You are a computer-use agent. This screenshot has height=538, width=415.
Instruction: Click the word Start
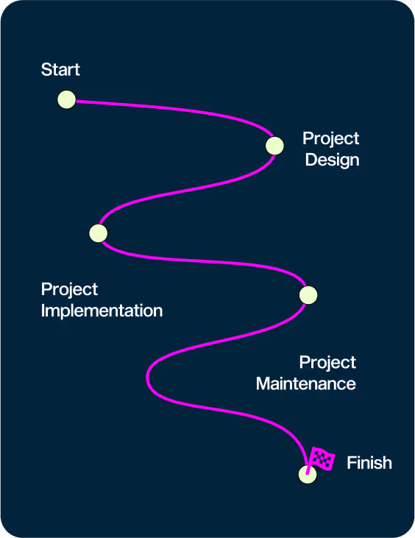pyautogui.click(x=60, y=70)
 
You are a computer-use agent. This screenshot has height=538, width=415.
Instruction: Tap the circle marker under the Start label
pyautogui.click(x=66, y=99)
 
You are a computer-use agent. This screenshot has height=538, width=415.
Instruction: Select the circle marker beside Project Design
pyautogui.click(x=274, y=146)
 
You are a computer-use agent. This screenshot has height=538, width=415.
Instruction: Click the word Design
pyautogui.click(x=332, y=160)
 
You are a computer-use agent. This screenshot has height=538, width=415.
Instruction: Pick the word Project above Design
pyautogui.click(x=330, y=139)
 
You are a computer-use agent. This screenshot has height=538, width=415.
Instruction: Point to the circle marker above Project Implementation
pyautogui.click(x=99, y=233)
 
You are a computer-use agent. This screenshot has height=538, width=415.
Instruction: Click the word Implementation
pyautogui.click(x=102, y=311)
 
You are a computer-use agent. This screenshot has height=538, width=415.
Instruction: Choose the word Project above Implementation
pyautogui.click(x=69, y=289)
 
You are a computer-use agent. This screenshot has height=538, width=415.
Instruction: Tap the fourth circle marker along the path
pyautogui.click(x=308, y=295)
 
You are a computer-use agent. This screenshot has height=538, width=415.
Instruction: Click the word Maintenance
pyautogui.click(x=306, y=383)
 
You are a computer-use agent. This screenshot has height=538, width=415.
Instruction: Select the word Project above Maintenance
pyautogui.click(x=327, y=363)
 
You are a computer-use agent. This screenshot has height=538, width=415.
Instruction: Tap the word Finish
pyautogui.click(x=369, y=463)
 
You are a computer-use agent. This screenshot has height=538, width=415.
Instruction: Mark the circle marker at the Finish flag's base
pyautogui.click(x=308, y=475)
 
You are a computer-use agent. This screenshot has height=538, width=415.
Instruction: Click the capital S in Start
pyautogui.click(x=46, y=70)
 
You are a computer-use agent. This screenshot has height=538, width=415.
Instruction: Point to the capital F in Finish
pyautogui.click(x=351, y=463)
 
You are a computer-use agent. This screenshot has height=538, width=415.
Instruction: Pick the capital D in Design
pyautogui.click(x=311, y=160)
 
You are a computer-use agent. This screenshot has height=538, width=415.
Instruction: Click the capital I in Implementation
pyautogui.click(x=43, y=311)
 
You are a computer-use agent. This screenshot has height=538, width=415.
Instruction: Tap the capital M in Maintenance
pyautogui.click(x=263, y=383)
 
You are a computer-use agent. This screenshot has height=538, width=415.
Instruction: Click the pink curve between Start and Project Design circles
pyautogui.click(x=178, y=109)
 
